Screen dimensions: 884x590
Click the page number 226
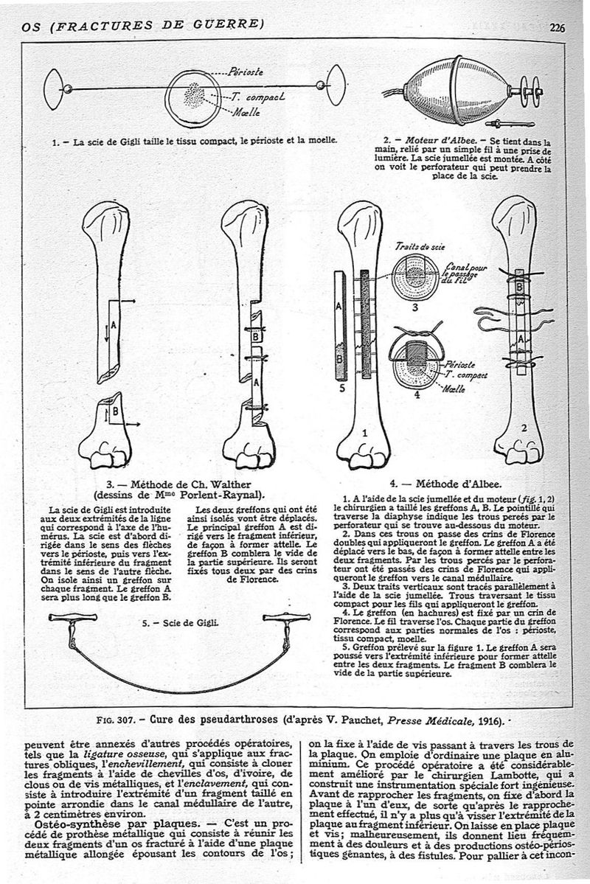click(x=557, y=27)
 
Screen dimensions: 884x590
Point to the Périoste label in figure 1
click(x=246, y=73)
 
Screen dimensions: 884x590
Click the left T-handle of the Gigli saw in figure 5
click(x=73, y=619)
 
